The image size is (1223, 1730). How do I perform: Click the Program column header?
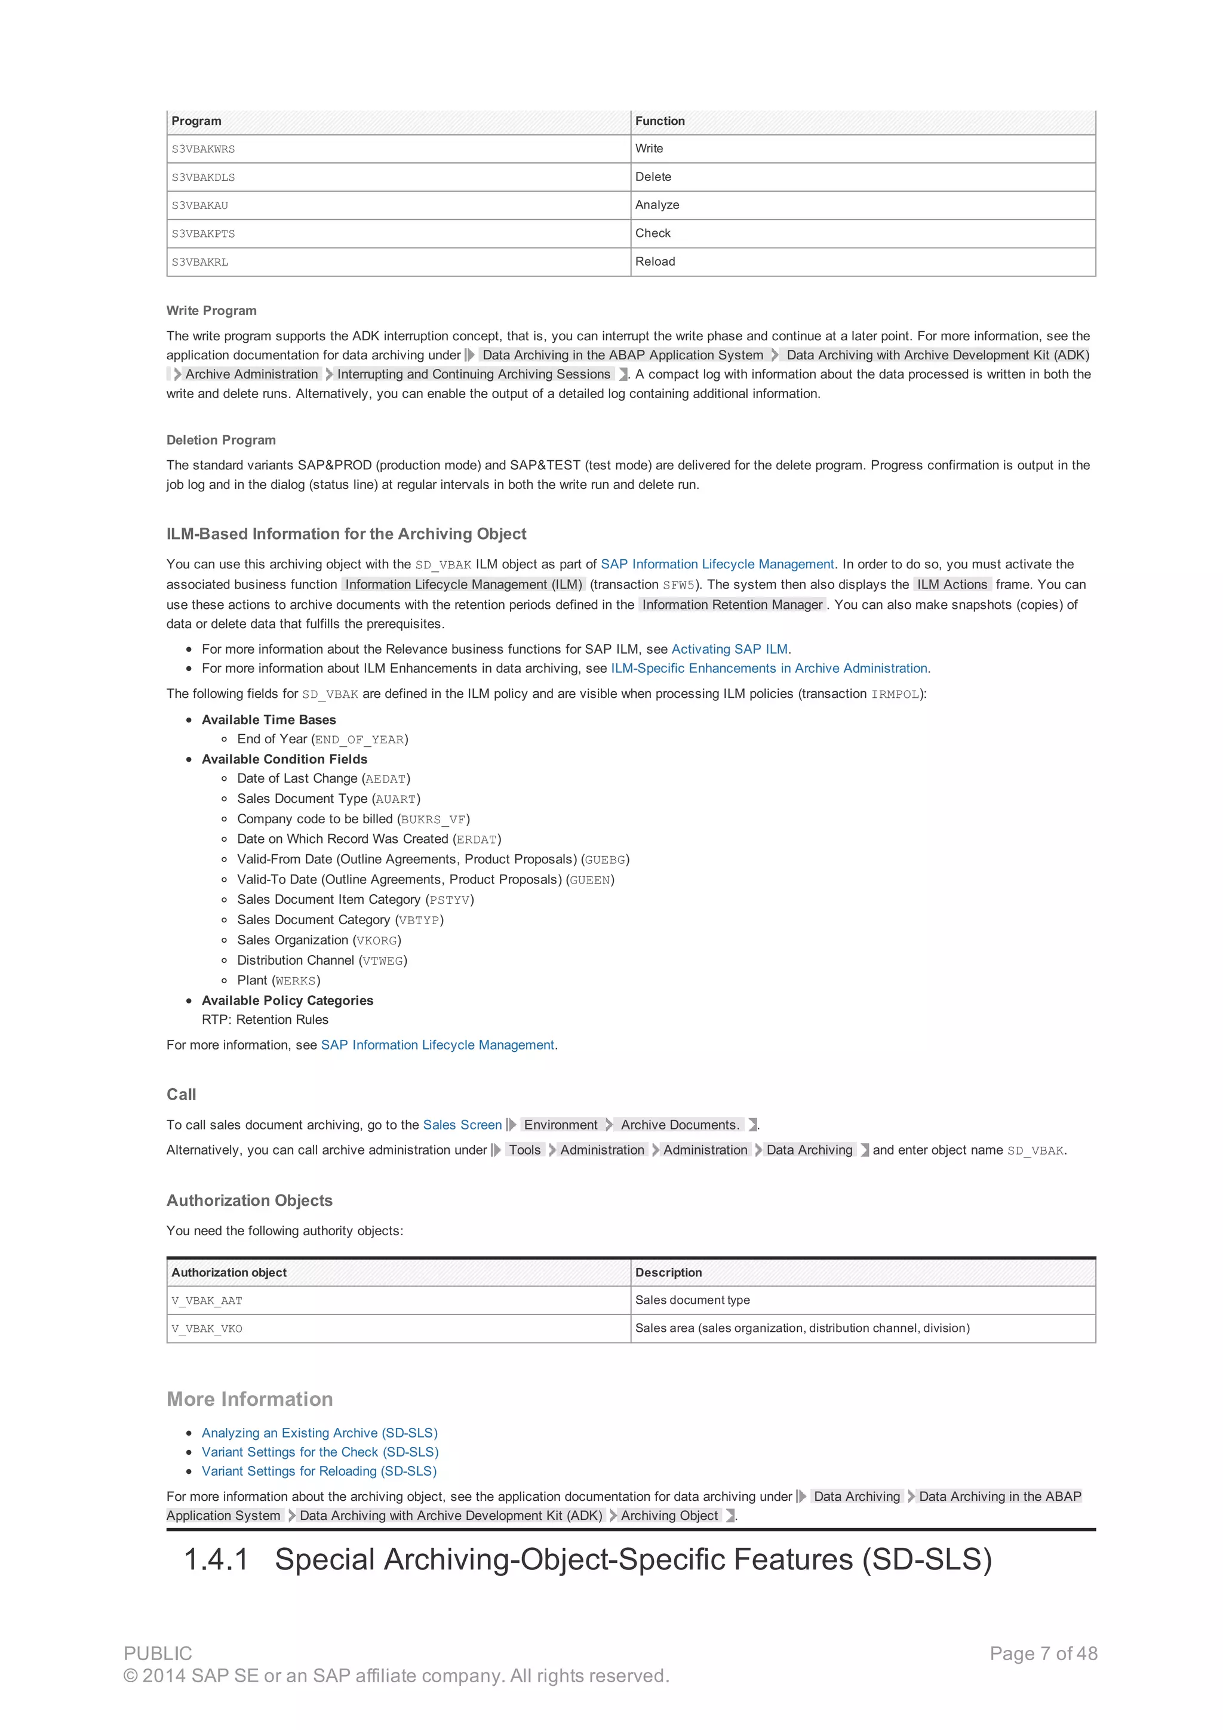[x=196, y=121]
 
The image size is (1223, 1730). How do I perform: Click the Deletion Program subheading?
[x=221, y=440]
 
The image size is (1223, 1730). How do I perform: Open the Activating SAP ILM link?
[x=729, y=649]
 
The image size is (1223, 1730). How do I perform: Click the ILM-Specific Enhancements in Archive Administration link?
[x=769, y=669]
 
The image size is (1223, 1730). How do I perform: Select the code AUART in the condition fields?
[x=395, y=799]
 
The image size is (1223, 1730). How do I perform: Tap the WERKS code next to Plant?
[x=296, y=981]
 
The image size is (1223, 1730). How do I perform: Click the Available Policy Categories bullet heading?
[x=287, y=1001]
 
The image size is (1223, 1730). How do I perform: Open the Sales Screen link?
[x=462, y=1125]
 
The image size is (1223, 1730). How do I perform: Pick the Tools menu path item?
[x=524, y=1150]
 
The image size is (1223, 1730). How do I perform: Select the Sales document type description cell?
[x=692, y=1301]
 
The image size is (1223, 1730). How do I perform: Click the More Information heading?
[x=250, y=1399]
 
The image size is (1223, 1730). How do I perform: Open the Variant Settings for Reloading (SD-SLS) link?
[x=319, y=1471]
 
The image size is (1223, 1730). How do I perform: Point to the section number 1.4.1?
[x=216, y=1560]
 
